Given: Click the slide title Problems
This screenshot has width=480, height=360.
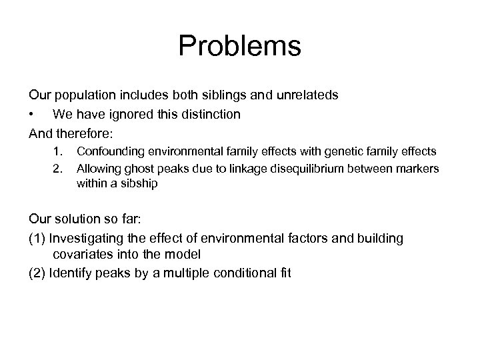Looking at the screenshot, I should point(240,47).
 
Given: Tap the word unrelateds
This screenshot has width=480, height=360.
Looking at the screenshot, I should point(306,95).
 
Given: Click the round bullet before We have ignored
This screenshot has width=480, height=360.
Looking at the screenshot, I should point(31,115).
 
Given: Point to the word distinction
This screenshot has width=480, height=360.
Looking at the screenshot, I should point(209,114).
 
